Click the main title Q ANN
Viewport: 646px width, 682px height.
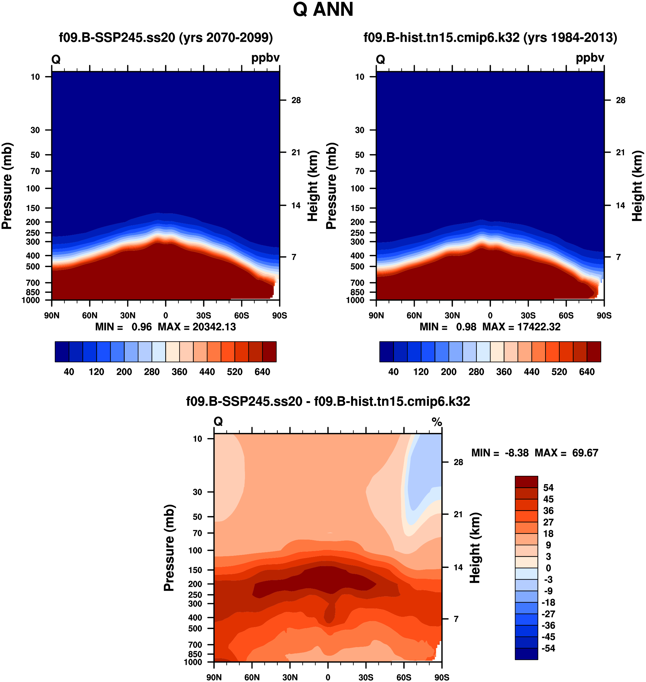coord(323,10)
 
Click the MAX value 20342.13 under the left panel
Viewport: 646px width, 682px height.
coord(214,327)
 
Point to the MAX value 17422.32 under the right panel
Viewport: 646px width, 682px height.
coord(539,327)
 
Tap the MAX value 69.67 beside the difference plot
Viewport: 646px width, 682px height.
coord(585,453)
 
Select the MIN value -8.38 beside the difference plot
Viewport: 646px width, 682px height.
coord(517,453)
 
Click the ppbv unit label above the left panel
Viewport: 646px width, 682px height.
coord(265,58)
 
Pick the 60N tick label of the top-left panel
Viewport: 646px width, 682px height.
coord(89,315)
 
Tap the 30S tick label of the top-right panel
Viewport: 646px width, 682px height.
coord(528,315)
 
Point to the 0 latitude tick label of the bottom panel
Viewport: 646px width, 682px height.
coord(328,677)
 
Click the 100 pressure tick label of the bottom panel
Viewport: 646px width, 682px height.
coord(195,550)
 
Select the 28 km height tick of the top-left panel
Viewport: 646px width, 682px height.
coord(296,100)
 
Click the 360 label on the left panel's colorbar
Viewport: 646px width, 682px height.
coord(180,372)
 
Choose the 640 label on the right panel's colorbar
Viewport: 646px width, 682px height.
coord(587,372)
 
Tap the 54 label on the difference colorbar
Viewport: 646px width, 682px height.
coord(548,488)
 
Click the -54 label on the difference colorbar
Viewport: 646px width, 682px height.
coord(548,648)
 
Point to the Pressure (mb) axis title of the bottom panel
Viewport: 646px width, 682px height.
coord(169,548)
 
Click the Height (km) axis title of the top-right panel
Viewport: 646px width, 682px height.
coord(637,186)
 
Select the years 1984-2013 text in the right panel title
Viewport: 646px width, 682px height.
coord(570,37)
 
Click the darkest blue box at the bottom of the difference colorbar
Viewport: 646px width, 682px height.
coord(526,654)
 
